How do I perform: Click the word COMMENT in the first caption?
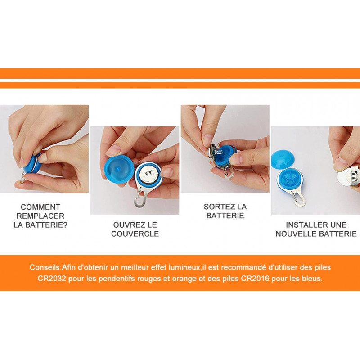click(40, 207)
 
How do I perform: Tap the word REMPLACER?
click(40, 216)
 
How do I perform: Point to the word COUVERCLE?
click(135, 234)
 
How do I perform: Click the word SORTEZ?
click(218, 207)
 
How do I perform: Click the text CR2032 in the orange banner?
click(52, 279)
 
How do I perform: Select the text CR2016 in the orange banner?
click(255, 279)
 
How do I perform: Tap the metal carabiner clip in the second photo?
click(140, 198)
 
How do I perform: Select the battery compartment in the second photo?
click(148, 175)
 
